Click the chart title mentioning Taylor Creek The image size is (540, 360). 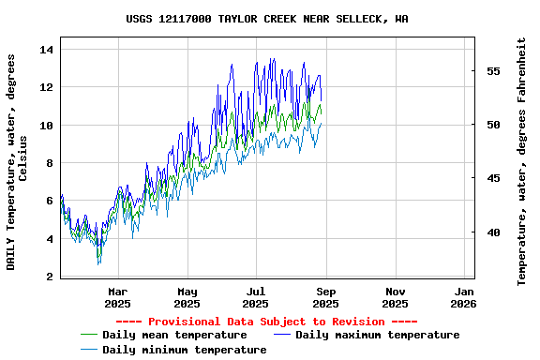click(x=267, y=19)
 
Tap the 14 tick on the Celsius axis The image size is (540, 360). click(x=49, y=49)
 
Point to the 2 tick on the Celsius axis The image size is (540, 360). click(x=49, y=277)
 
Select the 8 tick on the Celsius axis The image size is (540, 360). click(x=49, y=163)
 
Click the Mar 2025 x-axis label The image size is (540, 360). click(x=117, y=297)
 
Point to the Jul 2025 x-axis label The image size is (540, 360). click(x=256, y=297)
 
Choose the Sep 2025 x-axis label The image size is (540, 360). click(x=325, y=297)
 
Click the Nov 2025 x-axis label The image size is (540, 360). click(x=395, y=297)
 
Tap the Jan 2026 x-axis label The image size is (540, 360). click(x=463, y=297)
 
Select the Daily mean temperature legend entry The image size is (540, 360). click(x=174, y=335)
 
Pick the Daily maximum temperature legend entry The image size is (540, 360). click(x=377, y=335)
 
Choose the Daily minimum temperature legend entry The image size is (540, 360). click(x=184, y=350)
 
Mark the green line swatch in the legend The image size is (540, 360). click(x=89, y=335)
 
